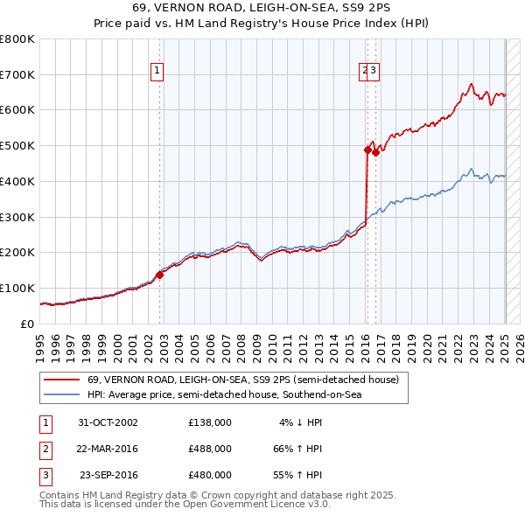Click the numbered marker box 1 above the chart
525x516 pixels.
click(x=157, y=72)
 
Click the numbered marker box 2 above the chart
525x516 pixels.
click(x=363, y=72)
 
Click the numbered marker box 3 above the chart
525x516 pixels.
click(x=373, y=72)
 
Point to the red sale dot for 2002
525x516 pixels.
click(x=160, y=275)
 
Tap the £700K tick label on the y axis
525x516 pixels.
click(x=17, y=75)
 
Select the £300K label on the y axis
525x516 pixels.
click(x=17, y=217)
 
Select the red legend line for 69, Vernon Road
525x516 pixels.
click(x=61, y=380)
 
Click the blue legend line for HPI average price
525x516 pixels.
click(x=61, y=395)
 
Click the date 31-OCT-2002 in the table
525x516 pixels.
click(x=108, y=422)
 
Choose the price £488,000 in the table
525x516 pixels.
click(x=210, y=449)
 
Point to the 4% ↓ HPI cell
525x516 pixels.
click(x=300, y=422)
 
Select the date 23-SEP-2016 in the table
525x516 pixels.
click(x=108, y=475)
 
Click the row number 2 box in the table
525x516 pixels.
click(x=44, y=449)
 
